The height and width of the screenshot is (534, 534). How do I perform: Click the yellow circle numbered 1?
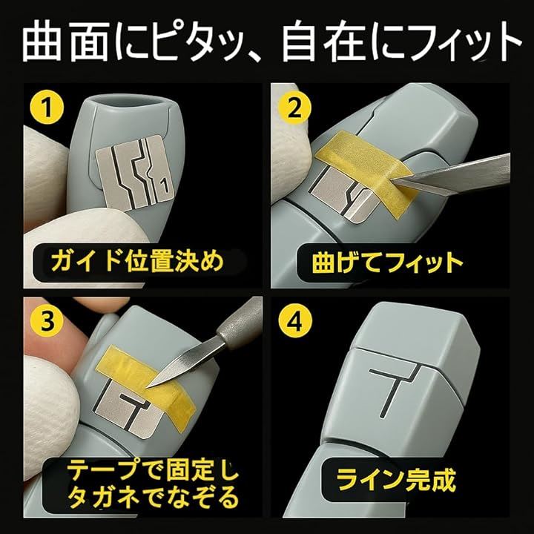pos(47,107)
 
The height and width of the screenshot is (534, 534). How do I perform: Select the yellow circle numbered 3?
pos(47,321)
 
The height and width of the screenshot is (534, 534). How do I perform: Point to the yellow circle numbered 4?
pos(295,321)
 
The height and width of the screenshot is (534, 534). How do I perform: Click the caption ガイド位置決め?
pos(137,261)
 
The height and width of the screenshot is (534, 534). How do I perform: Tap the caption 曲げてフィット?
pos(388,263)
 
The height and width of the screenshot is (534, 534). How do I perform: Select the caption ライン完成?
pos(396,480)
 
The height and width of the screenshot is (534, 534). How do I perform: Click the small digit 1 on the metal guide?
pos(165,187)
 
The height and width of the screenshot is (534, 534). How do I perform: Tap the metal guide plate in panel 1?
pos(134,172)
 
